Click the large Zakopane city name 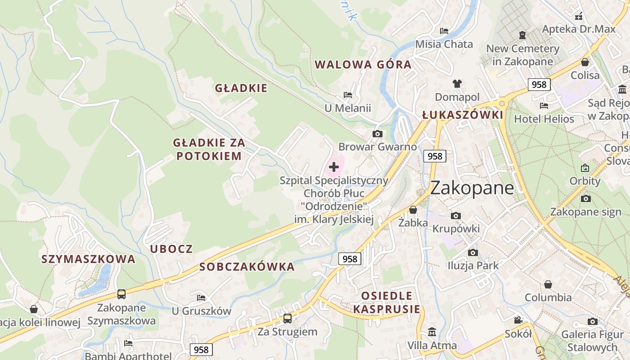[x=472, y=188]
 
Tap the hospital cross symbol [x=334, y=167]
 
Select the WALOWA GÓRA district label [x=363, y=64]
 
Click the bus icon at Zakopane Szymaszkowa [x=121, y=294]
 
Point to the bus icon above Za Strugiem [x=288, y=319]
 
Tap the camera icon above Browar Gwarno [x=378, y=134]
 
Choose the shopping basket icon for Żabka [x=413, y=210]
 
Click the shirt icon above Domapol [x=457, y=83]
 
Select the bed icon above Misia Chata [x=444, y=31]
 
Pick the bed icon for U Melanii [x=348, y=95]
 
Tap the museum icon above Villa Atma [x=432, y=332]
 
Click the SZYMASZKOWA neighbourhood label [x=88, y=259]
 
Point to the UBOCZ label [x=171, y=249]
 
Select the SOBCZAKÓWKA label [x=247, y=267]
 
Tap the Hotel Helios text [x=544, y=119]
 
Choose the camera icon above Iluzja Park [x=472, y=252]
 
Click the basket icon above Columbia [x=548, y=284]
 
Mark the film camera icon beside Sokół [x=518, y=320]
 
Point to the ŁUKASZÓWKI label [x=463, y=115]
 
